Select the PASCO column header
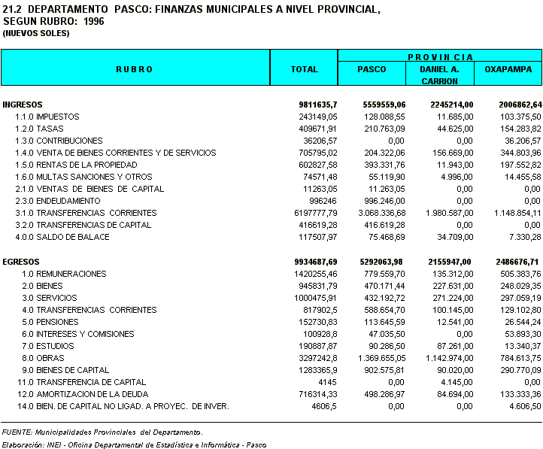tap(372, 69)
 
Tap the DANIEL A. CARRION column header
tap(440, 74)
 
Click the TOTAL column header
tap(304, 69)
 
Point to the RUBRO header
tap(135, 69)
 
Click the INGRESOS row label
tap(23, 105)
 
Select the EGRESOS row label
tap(21, 262)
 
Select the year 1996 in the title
tap(95, 21)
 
